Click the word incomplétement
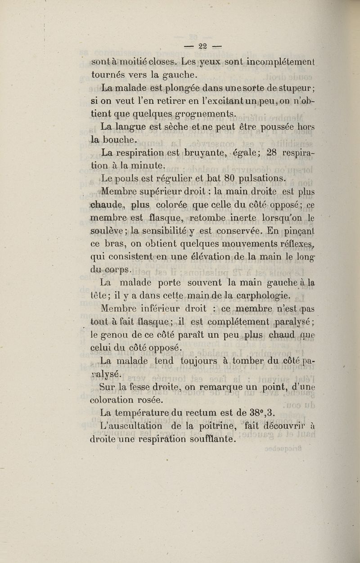point(281,60)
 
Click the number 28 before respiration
point(272,152)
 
